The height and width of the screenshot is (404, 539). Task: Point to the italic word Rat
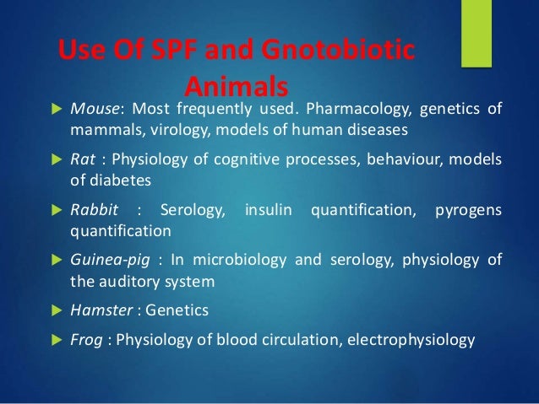coord(81,161)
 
